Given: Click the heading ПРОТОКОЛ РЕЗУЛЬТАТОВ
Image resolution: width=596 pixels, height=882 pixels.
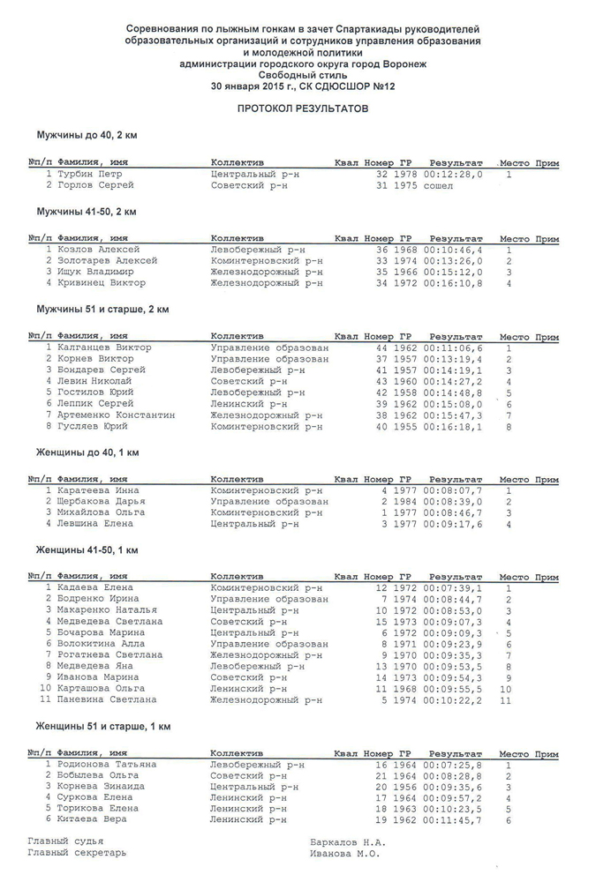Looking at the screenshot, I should point(297,108).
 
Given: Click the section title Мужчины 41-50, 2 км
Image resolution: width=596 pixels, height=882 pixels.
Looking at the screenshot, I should point(86,213).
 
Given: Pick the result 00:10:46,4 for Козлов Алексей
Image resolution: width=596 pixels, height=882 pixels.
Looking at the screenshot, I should point(453,250).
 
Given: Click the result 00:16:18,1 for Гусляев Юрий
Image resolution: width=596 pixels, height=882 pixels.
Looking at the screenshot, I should point(453,427).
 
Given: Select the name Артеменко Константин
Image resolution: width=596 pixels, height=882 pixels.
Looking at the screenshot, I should point(116,415).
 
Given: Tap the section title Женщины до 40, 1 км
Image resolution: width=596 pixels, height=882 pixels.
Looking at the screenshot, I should point(87,452).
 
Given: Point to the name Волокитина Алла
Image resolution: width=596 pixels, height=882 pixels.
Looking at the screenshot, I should point(102,644).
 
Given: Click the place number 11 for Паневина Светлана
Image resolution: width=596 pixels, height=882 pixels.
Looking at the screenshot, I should point(506,700).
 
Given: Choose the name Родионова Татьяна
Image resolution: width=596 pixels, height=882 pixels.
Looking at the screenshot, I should point(107,765).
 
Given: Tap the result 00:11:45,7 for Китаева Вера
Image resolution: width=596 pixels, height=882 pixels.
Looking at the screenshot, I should point(453,820).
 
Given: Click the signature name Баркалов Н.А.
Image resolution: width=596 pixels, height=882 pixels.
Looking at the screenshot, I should point(348,842).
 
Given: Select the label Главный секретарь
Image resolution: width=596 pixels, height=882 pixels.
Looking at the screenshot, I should point(77,854).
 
